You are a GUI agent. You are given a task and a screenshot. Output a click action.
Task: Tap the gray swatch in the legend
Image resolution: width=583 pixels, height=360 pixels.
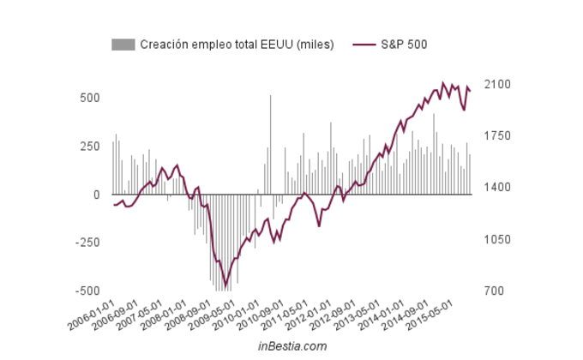(123, 44)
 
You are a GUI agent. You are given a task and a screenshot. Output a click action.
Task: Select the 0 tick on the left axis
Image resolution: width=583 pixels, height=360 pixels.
(97, 195)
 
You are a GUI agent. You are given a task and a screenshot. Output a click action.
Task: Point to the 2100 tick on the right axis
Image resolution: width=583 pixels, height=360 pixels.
(499, 84)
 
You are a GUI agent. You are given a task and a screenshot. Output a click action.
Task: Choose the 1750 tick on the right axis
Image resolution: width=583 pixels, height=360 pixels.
(499, 136)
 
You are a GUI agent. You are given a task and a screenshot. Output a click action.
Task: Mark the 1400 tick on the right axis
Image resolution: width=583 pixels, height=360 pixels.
(499, 188)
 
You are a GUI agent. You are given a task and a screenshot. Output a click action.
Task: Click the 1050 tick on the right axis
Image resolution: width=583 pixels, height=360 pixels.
(499, 240)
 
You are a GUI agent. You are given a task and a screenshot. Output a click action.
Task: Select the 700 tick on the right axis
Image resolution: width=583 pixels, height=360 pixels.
(496, 291)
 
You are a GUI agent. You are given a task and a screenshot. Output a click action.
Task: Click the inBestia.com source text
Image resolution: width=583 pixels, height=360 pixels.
(292, 346)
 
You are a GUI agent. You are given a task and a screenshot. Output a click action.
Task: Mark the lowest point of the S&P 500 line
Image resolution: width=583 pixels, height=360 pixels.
(226, 285)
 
